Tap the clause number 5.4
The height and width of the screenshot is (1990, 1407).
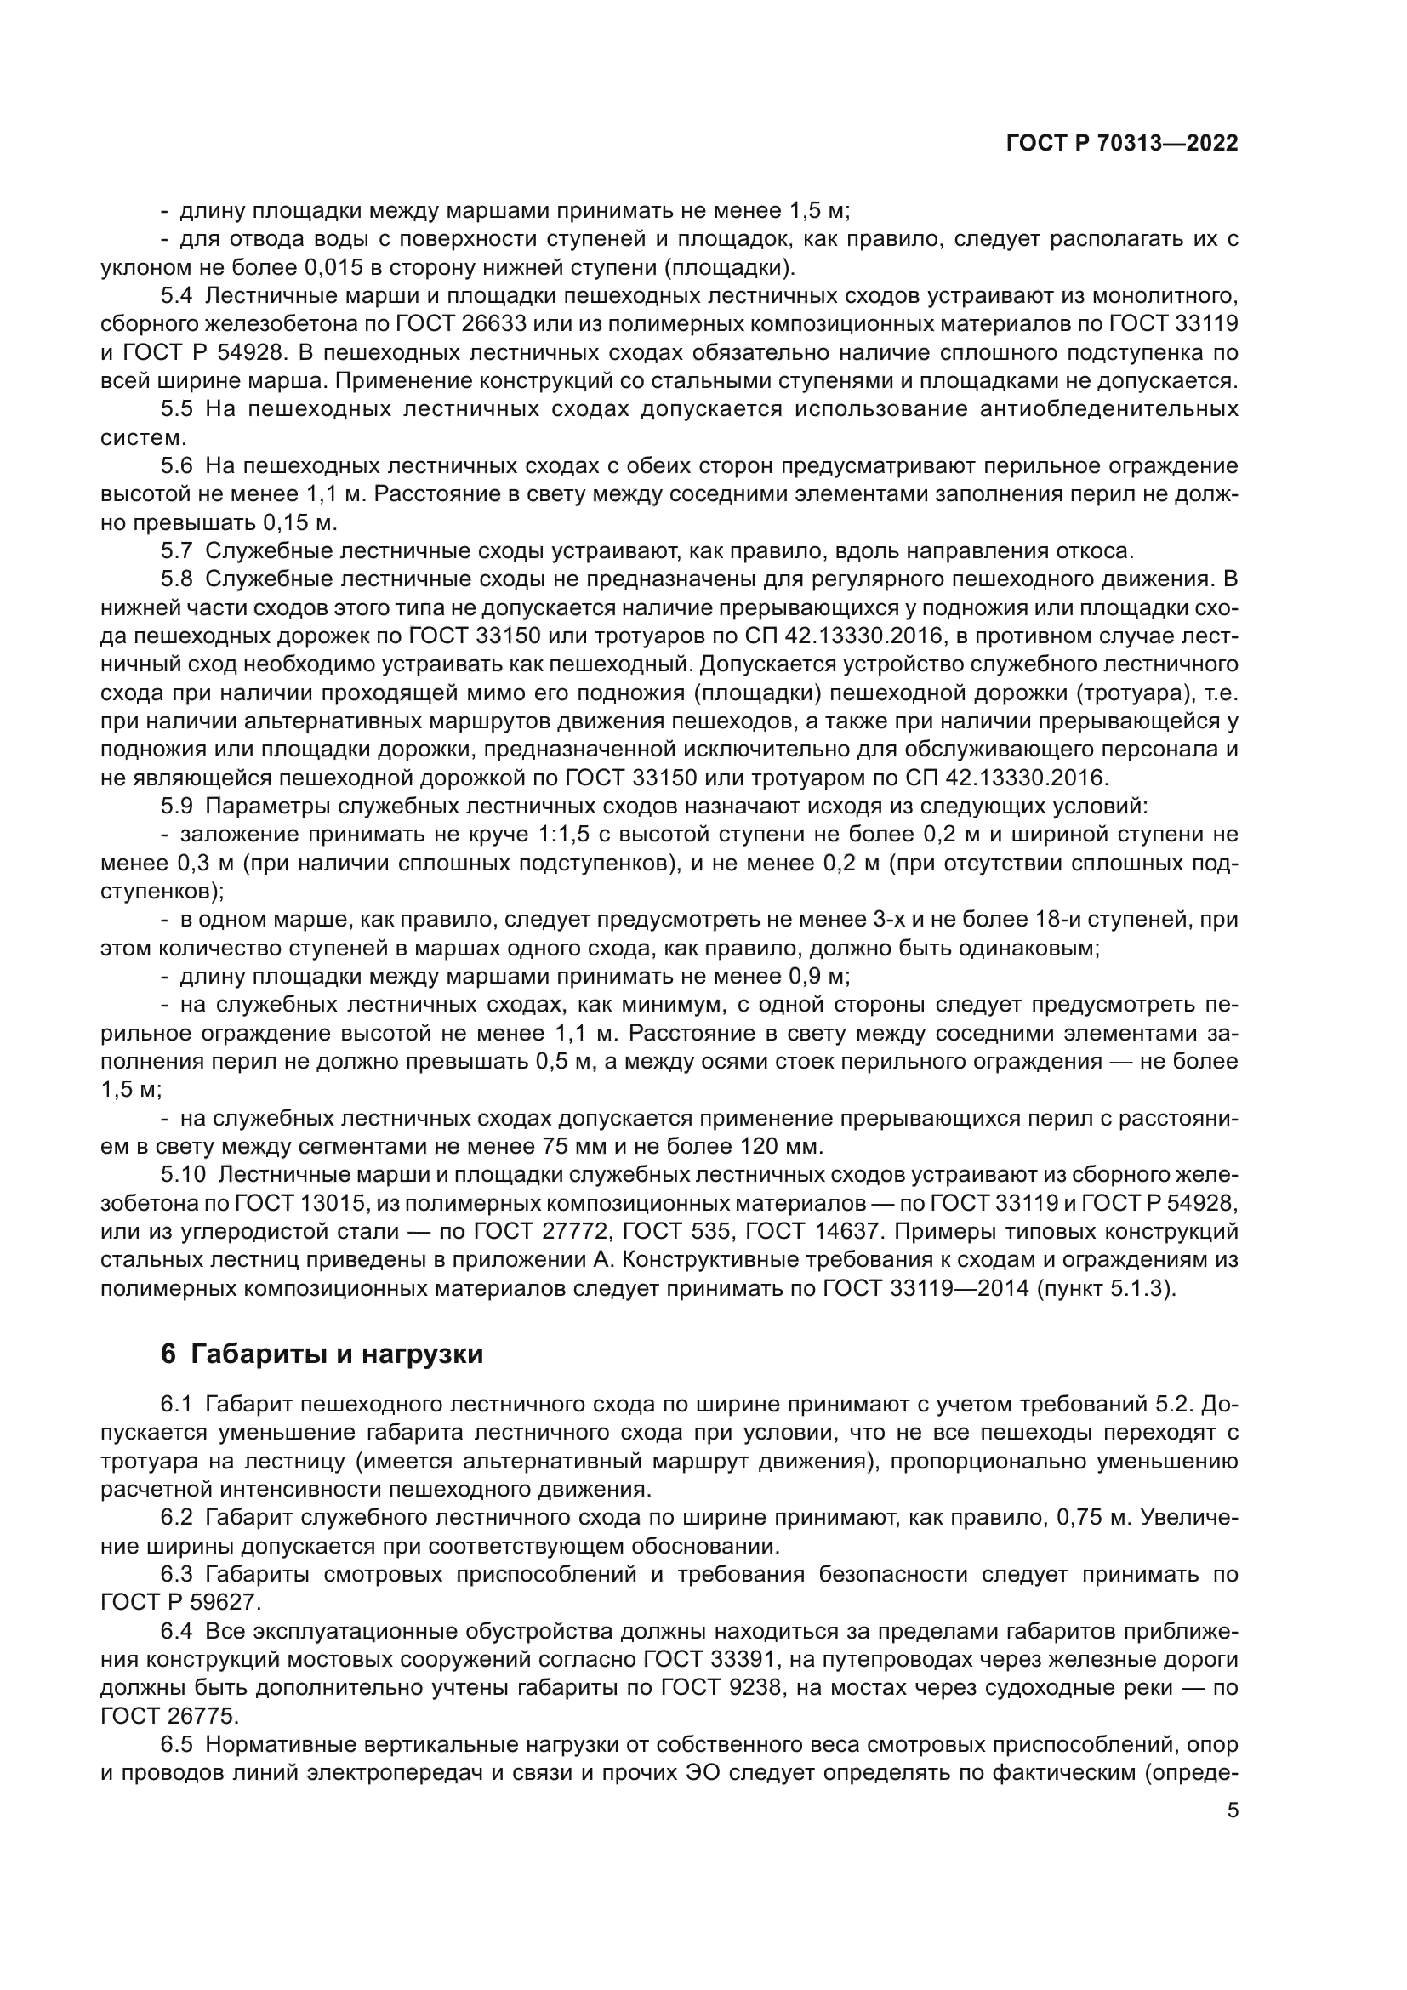(x=176, y=295)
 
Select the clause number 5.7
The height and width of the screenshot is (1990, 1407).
(x=176, y=550)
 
